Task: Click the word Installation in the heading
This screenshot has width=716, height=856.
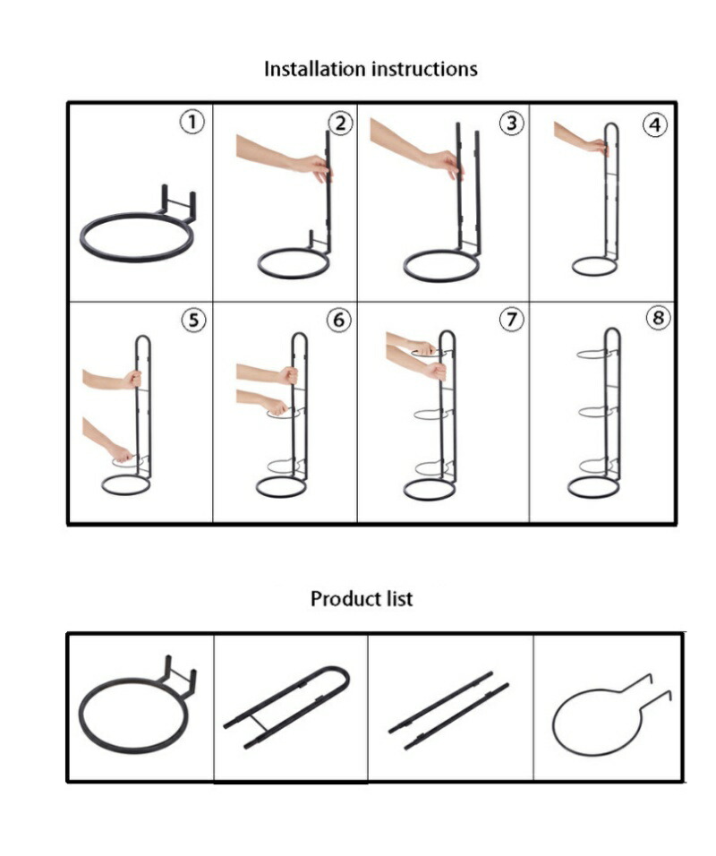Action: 315,69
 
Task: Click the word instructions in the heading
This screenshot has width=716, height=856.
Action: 424,69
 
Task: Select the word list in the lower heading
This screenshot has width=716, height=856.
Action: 398,599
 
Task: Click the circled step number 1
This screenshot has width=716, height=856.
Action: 192,122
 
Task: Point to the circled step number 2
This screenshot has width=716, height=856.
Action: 340,124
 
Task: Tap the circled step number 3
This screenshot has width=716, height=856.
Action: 511,124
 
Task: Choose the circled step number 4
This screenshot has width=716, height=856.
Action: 654,125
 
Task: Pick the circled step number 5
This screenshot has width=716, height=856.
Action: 193,320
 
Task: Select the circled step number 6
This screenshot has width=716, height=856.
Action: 338,320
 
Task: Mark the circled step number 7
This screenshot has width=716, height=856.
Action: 511,320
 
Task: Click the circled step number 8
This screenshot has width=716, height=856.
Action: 658,318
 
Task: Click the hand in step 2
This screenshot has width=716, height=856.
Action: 314,167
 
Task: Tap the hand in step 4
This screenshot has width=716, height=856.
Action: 596,146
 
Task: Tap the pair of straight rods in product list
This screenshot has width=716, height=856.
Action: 448,711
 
